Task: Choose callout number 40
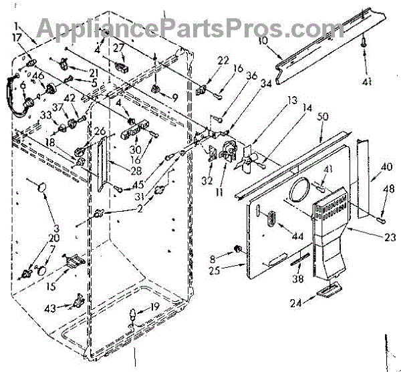(386, 168)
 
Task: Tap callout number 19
(154, 308)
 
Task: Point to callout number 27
(119, 47)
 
